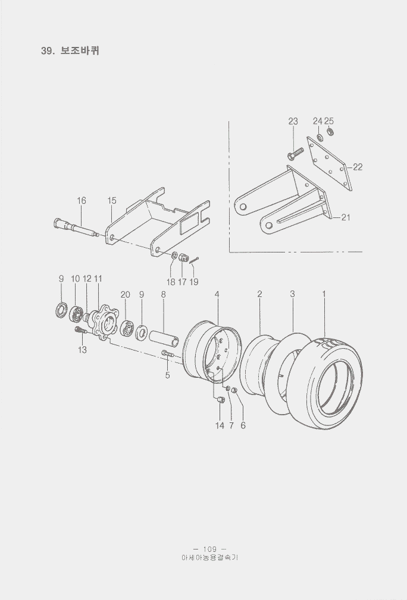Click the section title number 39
tap(48, 51)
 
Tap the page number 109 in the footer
tap(209, 549)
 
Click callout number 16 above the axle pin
tap(82, 201)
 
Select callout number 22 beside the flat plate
tap(358, 167)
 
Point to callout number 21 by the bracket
tap(346, 217)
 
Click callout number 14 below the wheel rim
tap(220, 425)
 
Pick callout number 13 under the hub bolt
tap(82, 350)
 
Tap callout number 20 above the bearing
tap(126, 295)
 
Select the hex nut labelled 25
tap(330, 132)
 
